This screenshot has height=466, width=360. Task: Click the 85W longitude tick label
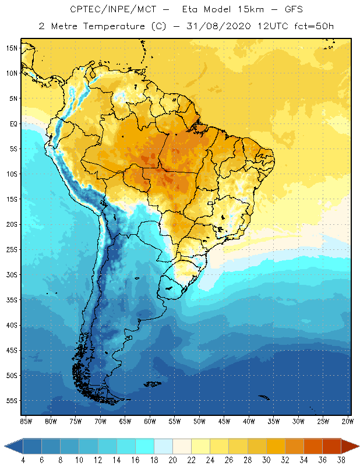[26, 421]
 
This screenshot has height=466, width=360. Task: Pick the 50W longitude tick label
[199, 421]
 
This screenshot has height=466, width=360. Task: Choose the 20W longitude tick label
[348, 421]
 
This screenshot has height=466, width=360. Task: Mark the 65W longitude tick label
[125, 421]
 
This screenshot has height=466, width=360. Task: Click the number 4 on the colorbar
[23, 460]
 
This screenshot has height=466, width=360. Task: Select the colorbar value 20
[172, 460]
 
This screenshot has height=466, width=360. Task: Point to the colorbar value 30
[266, 460]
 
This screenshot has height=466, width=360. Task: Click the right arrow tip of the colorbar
[358, 446]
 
